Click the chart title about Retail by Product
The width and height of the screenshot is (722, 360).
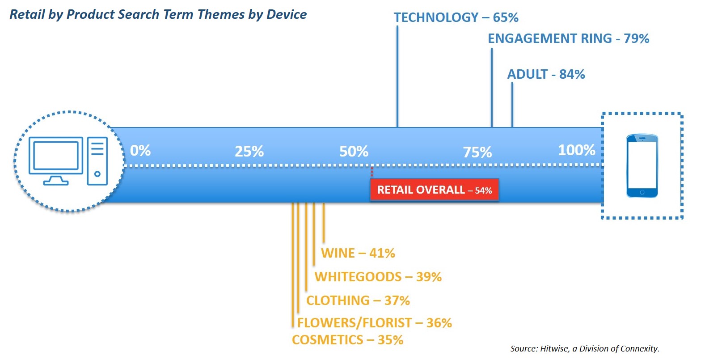click(158, 15)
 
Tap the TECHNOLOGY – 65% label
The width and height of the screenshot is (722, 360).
click(456, 17)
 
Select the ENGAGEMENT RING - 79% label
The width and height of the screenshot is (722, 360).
click(568, 38)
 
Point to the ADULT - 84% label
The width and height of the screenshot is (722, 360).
click(546, 74)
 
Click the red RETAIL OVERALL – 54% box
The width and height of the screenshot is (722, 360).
click(435, 190)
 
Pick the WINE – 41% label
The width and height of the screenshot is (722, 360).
click(358, 253)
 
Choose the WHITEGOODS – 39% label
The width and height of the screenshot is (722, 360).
click(378, 276)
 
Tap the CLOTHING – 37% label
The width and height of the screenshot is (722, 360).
click(358, 301)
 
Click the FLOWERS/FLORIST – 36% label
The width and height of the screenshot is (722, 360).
click(375, 322)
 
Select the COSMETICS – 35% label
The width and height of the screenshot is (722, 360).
click(347, 340)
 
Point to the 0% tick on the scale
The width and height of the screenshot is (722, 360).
click(140, 151)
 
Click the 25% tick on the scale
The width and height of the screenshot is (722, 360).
click(249, 151)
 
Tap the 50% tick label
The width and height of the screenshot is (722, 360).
click(354, 152)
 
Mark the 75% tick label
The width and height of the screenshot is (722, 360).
click(477, 152)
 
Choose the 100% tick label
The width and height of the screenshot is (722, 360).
click(577, 150)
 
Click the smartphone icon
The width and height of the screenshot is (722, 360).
click(642, 166)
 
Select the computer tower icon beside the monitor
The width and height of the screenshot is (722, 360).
click(97, 161)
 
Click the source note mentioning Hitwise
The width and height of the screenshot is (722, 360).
click(585, 349)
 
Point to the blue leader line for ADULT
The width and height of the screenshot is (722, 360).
click(512, 105)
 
